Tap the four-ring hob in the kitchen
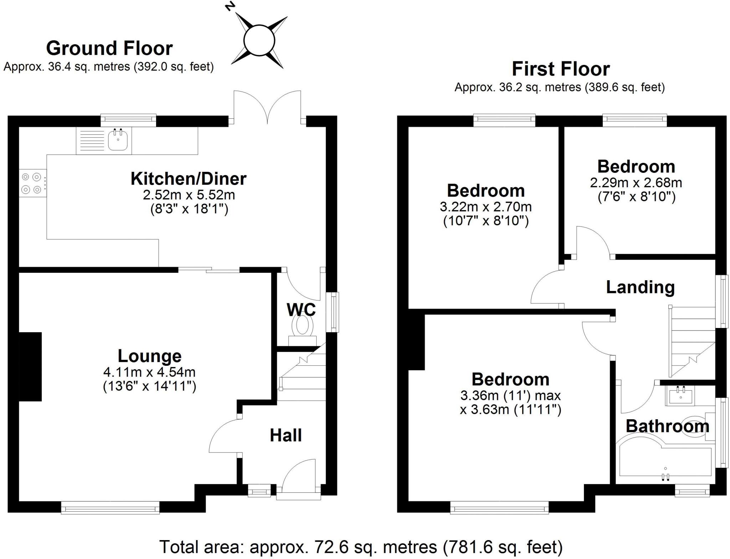pyautogui.click(x=31, y=183)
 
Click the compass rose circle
pyautogui.click(x=259, y=40)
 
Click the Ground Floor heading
pyautogui.click(x=109, y=48)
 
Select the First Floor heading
pyautogui.click(x=560, y=69)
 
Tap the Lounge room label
pyautogui.click(x=149, y=356)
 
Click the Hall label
pyautogui.click(x=286, y=435)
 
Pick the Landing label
pyautogui.click(x=640, y=287)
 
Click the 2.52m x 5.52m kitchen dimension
pyautogui.click(x=189, y=195)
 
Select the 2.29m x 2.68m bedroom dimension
pyautogui.click(x=636, y=183)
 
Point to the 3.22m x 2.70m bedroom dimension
pyautogui.click(x=485, y=207)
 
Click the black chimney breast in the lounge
pyautogui.click(x=30, y=366)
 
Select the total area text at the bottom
pyautogui.click(x=360, y=547)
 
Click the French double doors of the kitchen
pyautogui.click(x=267, y=107)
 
